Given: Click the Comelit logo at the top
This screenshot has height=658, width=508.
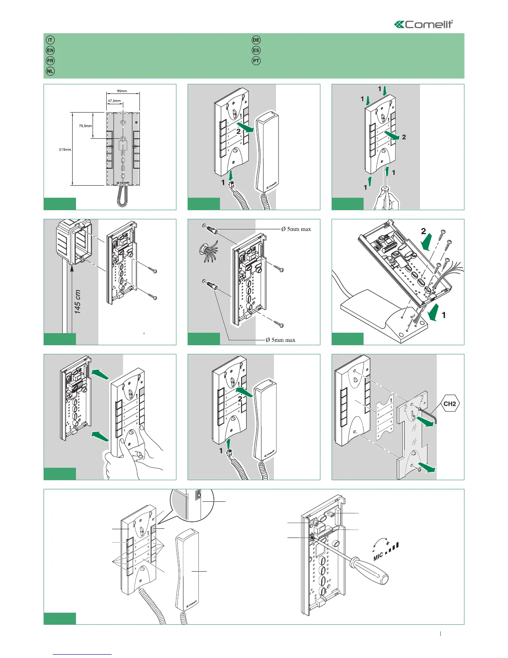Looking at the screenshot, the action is [424, 24].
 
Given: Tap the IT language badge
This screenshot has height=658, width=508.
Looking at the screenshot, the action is [50, 40].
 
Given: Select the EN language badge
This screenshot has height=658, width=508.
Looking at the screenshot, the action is [50, 50].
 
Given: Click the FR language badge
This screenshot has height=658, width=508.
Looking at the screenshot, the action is [50, 61].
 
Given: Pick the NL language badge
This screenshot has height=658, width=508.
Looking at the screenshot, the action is [50, 71].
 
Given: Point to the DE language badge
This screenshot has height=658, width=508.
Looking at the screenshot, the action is [256, 40].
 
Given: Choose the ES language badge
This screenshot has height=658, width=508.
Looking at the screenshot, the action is [256, 50].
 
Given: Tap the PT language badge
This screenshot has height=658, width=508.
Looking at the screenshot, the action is [256, 61].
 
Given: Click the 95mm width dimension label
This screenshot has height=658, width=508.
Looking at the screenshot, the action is [122, 91].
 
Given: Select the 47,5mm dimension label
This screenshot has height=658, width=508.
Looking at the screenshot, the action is [115, 101].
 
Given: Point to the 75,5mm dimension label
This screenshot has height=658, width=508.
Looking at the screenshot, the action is [85, 126].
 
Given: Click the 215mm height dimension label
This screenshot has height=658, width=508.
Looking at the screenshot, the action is [65, 150].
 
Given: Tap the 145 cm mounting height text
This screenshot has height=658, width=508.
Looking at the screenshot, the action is [78, 302].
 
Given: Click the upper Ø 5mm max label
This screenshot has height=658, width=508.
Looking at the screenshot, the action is [296, 229].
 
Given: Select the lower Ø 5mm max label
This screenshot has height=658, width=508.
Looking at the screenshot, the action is [281, 340].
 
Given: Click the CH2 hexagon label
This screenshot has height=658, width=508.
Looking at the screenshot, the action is [450, 403].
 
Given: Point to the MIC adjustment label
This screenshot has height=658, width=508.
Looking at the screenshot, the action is [379, 556].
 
